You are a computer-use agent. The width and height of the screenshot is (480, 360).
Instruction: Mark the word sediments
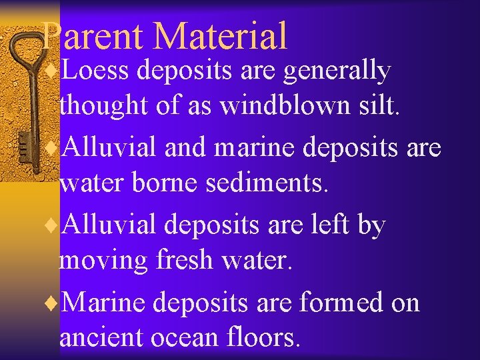[x=266, y=183]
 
